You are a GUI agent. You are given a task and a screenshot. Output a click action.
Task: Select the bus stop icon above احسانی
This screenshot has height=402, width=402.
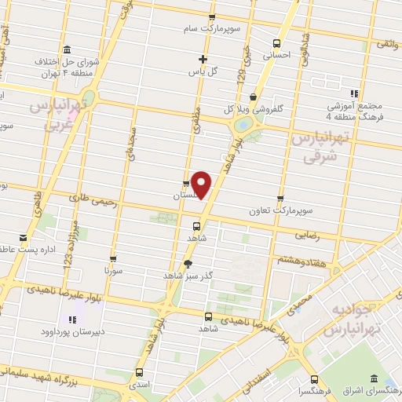(x=276, y=44)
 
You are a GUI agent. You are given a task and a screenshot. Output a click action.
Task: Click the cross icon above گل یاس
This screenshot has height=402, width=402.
(x=203, y=59)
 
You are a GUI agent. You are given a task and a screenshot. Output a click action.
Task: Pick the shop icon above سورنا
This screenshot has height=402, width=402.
(x=114, y=258)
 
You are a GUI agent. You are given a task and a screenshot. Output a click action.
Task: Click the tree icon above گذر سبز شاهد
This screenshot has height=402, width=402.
(x=187, y=264)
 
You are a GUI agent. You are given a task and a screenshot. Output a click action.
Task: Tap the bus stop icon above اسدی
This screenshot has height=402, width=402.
(x=139, y=372)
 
